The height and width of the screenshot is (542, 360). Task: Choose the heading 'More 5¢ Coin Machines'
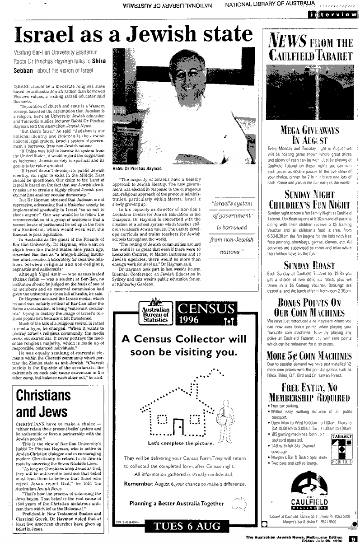pos(309,355)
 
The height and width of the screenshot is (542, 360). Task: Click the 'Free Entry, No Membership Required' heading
pos(309,392)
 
